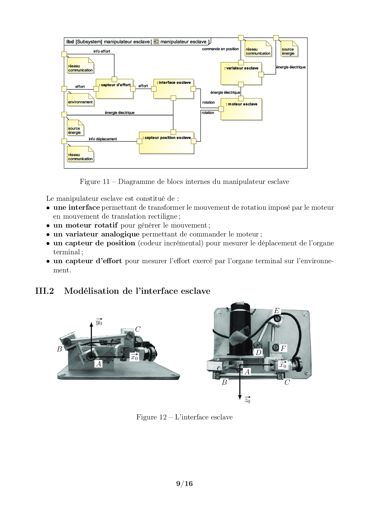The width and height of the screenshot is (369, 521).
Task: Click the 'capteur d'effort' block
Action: [115, 89]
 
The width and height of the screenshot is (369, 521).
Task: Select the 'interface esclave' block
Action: [173, 89]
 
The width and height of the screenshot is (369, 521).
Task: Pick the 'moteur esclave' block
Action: [241, 109]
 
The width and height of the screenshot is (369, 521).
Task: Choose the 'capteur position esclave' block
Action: [167, 143]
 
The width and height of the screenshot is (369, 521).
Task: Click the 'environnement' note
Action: [80, 100]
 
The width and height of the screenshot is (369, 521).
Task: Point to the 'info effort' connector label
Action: [102, 51]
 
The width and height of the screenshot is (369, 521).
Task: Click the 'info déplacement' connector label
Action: [103, 139]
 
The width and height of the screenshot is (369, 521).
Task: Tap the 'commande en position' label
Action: [220, 49]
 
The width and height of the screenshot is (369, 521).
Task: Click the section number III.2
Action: [44, 291]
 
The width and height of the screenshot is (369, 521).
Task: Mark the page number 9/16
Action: [185, 484]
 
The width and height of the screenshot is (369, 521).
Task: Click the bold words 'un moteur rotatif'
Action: [85, 225]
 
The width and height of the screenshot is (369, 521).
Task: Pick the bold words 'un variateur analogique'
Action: [96, 234]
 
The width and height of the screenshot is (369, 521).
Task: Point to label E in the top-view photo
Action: [277, 311]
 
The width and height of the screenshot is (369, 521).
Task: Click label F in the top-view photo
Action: [283, 348]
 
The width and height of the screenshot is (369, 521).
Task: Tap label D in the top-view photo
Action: [259, 353]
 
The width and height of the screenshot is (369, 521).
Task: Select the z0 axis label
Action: [247, 400]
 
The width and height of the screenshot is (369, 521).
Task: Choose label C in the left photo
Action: [138, 329]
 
